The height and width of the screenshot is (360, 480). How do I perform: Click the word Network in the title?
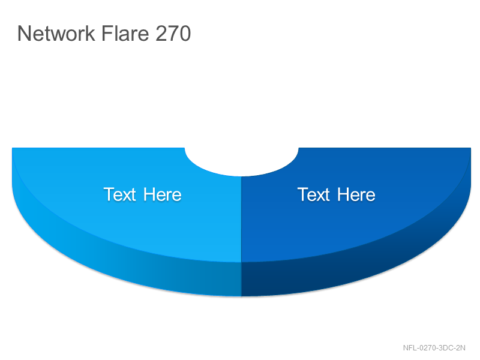pos(56,33)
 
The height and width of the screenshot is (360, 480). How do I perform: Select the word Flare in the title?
pos(125,33)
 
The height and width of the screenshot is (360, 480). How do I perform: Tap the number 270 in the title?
pos(173,33)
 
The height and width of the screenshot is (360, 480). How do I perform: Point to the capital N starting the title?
pos(23,34)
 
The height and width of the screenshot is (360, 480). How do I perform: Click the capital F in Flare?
pos(106,34)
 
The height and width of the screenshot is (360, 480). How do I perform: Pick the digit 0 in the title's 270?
pos(185,34)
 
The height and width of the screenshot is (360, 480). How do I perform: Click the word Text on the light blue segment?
pos(119,194)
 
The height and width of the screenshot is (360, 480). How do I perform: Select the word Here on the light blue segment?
pos(163,194)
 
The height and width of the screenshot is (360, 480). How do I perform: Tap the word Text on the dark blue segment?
pos(313,194)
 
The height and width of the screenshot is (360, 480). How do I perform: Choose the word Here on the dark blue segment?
pos(356,194)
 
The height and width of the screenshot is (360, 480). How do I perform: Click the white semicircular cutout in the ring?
pos(242,161)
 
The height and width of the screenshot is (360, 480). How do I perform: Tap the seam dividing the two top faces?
pos(241,219)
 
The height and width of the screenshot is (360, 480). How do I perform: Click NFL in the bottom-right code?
pos(410,348)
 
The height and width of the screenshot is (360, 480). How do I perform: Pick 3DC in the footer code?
pos(446,348)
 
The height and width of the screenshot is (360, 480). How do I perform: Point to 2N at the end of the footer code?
pos(461,348)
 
